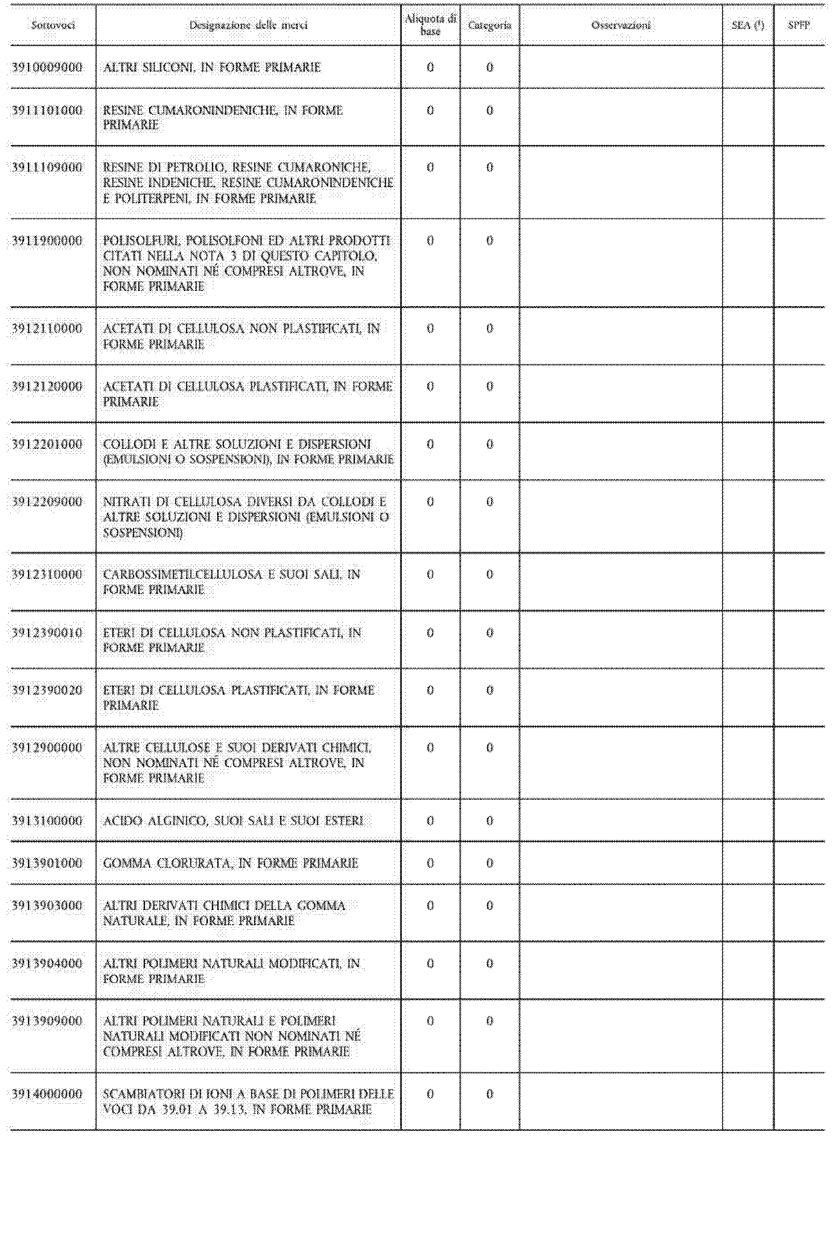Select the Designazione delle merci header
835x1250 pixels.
248,25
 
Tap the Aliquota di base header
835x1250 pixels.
430,25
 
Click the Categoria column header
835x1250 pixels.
490,25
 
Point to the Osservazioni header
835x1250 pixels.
621,25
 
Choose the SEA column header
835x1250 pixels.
748,25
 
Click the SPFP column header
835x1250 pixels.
799,25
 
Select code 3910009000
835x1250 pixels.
48,68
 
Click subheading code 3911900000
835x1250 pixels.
48,241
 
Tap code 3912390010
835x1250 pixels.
48,632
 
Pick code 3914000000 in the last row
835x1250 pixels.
48,1094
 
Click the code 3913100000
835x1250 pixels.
48,820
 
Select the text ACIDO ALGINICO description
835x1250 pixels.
233,820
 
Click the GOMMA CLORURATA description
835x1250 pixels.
231,863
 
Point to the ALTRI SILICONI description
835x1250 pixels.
212,68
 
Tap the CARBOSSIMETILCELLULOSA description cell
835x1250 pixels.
232,582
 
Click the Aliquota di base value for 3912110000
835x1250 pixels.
430,329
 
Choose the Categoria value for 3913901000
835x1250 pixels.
490,863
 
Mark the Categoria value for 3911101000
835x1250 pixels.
490,111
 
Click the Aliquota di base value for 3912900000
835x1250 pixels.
430,748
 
